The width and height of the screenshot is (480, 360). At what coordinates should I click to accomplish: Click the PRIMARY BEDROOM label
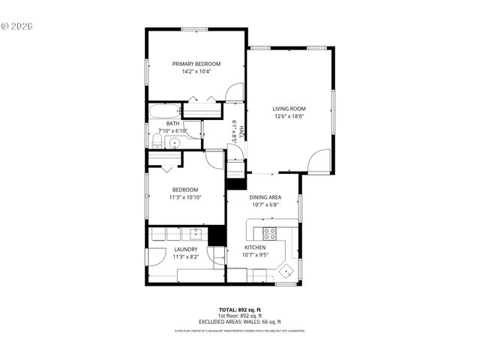click(196, 64)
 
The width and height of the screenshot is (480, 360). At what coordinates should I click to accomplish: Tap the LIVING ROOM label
click(289, 109)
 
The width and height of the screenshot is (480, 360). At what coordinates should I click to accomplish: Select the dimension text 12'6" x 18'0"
click(289, 116)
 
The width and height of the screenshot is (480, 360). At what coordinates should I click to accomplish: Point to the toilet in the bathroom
click(154, 140)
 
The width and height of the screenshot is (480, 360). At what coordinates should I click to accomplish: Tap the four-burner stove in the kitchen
click(269, 232)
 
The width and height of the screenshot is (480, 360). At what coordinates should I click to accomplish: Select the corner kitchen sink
click(286, 269)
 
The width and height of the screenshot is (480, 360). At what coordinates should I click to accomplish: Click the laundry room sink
click(193, 233)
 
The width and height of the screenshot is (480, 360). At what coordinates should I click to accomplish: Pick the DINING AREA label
click(265, 196)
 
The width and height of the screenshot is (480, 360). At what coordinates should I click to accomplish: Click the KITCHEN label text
click(256, 247)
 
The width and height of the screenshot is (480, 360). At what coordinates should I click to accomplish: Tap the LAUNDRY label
click(185, 249)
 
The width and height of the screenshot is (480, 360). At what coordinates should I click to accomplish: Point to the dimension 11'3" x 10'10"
click(185, 197)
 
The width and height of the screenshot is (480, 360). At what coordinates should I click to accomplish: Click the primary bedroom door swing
click(235, 92)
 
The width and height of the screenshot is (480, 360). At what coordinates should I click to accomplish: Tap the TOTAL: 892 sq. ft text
click(239, 309)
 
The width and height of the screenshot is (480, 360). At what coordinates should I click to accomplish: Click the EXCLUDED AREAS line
click(239, 322)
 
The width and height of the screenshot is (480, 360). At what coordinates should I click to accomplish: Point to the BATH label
click(172, 124)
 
